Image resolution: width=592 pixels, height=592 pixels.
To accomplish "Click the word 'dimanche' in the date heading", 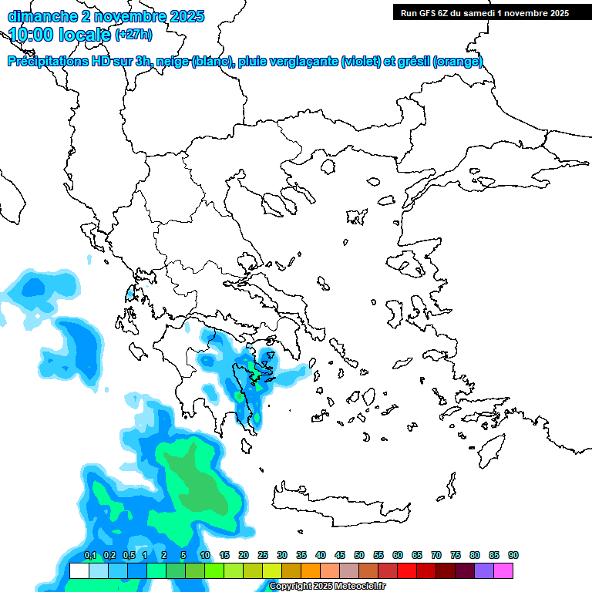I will pos(38,15).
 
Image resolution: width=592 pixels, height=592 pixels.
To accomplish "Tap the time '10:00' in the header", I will pos(30,35).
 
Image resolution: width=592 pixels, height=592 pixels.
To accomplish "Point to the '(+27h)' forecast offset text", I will pos(133,35).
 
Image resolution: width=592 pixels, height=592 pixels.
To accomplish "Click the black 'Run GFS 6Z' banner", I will pos(484,12).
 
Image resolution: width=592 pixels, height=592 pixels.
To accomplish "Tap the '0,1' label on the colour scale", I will pos(90,556).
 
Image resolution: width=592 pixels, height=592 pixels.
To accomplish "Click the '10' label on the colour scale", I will pos(205,556).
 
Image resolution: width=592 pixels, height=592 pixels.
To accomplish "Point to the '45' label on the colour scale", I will pos(340,556).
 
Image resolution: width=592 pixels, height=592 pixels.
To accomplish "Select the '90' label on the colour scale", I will pos(513,556).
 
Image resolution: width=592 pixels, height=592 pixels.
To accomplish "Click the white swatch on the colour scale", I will pos(79,570).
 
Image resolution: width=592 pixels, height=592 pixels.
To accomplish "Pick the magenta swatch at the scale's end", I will pos(503,570).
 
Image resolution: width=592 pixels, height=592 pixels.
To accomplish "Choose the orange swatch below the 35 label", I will pos(311,570).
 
